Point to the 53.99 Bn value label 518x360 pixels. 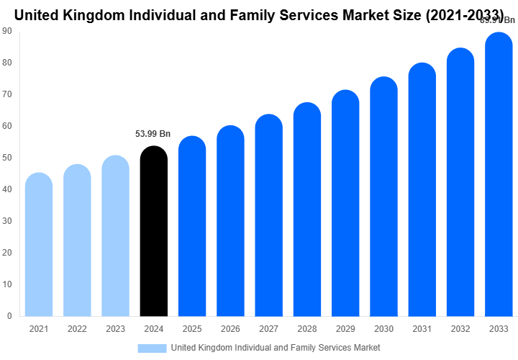153,134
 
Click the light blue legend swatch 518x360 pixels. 152,348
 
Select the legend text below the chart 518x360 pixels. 276,348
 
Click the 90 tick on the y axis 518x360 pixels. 7,31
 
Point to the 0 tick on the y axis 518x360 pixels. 9,316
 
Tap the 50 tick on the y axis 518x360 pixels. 7,158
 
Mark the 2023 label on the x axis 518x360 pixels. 115,329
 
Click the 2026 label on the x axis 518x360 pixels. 230,329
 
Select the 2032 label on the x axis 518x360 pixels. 460,329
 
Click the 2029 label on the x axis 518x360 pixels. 345,329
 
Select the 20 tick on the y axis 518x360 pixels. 7,253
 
